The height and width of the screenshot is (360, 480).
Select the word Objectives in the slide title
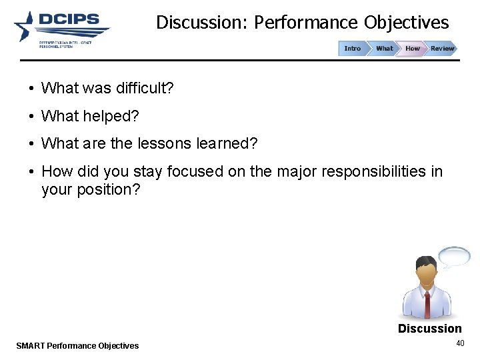click(x=406, y=23)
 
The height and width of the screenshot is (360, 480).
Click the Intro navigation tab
click(x=352, y=49)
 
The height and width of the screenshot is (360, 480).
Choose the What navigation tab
click(x=384, y=49)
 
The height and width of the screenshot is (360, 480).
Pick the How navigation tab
click(x=413, y=49)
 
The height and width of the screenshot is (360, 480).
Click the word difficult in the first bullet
click(x=144, y=88)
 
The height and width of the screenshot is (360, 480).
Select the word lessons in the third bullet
click(x=155, y=143)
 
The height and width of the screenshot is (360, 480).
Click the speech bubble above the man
click(x=454, y=256)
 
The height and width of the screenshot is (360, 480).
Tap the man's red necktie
click(x=427, y=303)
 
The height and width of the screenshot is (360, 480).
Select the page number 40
click(x=459, y=343)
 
